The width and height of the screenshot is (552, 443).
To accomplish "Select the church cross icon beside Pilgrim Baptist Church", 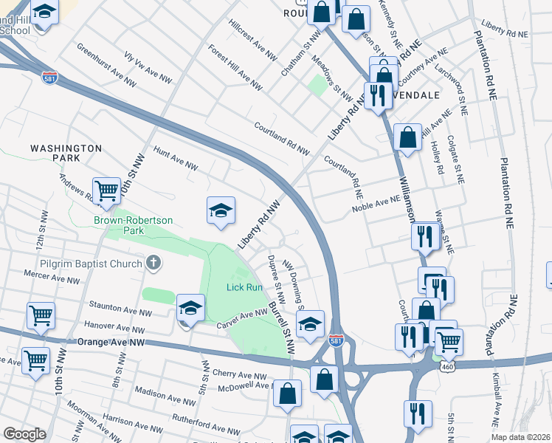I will tap(153, 261).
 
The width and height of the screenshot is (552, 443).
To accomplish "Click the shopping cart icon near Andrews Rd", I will tap(106, 190).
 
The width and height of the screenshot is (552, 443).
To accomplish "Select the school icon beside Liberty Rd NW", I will tap(221, 211).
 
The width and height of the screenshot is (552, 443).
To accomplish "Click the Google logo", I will tap(24, 433).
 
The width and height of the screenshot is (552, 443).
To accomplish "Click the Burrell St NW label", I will tap(282, 323).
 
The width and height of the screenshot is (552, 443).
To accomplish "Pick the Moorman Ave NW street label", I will tap(88, 418).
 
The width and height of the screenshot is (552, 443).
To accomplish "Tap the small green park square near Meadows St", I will tap(317, 85).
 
